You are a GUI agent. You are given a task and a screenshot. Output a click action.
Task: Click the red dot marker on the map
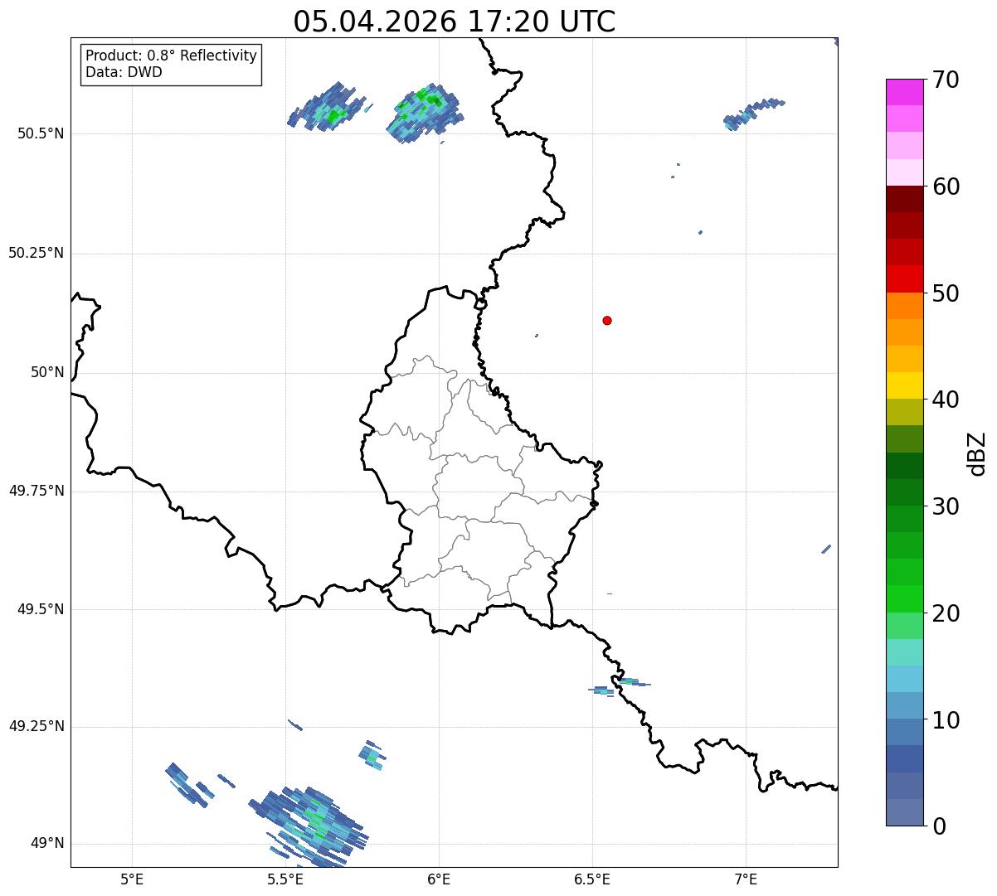point(607,320)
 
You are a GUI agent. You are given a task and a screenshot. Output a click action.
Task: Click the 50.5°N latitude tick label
point(41,133)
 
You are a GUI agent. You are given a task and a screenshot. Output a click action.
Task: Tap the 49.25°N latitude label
point(36,726)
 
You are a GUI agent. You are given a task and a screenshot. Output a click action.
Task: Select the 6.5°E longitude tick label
point(592,879)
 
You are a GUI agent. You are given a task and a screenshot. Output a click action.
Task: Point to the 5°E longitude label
point(132,879)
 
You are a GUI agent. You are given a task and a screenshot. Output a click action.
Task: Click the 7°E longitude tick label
point(746,879)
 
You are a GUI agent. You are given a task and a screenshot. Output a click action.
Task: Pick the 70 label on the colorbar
point(946,80)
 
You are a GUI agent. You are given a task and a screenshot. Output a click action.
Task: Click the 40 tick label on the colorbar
point(946,400)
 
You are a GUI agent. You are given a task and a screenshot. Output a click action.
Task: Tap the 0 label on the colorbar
point(939,826)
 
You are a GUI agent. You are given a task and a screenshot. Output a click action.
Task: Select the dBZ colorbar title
point(977,454)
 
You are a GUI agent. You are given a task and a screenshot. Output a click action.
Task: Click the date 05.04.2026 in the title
point(375,22)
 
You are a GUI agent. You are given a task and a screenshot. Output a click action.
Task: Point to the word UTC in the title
point(587,22)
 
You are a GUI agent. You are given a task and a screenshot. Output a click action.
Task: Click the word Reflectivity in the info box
point(218,56)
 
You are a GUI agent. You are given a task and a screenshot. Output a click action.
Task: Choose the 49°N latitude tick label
point(48,843)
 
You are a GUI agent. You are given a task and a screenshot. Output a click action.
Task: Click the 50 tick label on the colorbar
point(946,293)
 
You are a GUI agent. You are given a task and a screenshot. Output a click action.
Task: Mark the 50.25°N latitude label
point(36,253)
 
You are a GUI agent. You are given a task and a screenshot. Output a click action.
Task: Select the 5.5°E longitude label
point(285,879)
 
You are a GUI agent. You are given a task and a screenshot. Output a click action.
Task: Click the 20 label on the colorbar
point(946,613)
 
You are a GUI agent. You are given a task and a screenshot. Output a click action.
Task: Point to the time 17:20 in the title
point(508,22)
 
